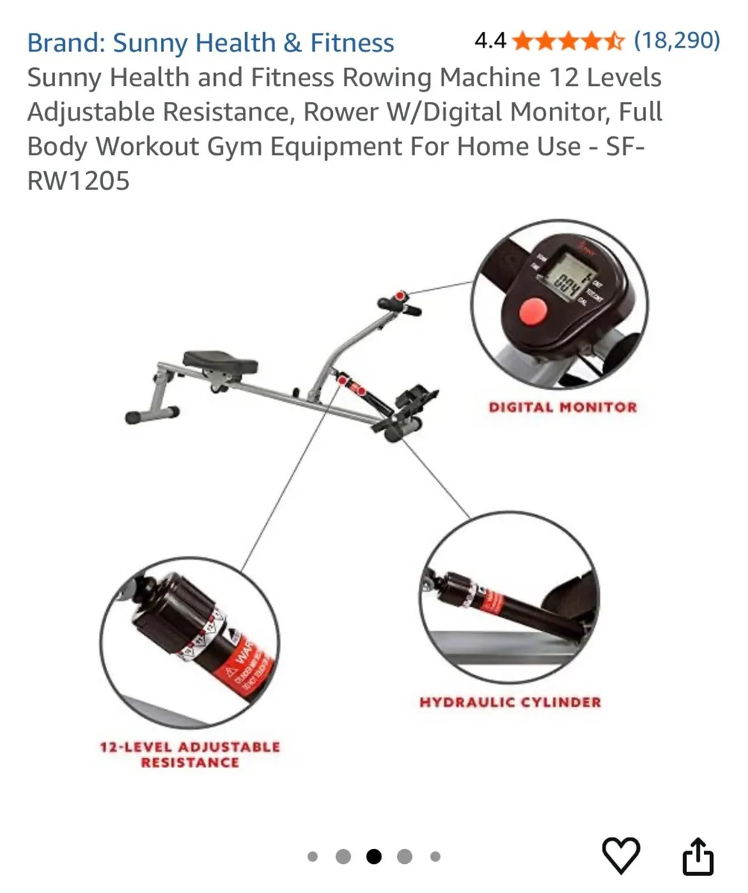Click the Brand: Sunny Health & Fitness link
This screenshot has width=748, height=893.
210,43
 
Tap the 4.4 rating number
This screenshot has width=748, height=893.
489,41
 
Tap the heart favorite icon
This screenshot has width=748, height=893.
621,855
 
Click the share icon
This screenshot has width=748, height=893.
698,857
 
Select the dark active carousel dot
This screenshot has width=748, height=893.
374,857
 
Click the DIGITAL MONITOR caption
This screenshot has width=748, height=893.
562,407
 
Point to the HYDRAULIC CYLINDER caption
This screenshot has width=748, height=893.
510,702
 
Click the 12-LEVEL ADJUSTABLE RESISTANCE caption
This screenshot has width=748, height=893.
190,754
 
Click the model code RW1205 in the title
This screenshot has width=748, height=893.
78,180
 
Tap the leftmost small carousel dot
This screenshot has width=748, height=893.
313,857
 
